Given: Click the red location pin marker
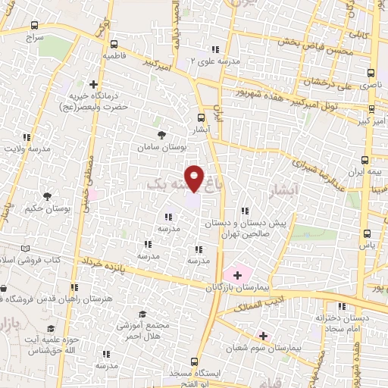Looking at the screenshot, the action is (195, 179).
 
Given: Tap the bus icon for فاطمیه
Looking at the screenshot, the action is (114, 44).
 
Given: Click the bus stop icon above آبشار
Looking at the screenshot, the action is (201, 117).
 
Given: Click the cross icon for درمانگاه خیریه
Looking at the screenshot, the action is (93, 84).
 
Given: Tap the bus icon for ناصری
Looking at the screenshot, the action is (371, 74).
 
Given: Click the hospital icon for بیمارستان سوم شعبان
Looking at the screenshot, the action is (263, 335).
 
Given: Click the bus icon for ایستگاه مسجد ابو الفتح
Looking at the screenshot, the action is (195, 361).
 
